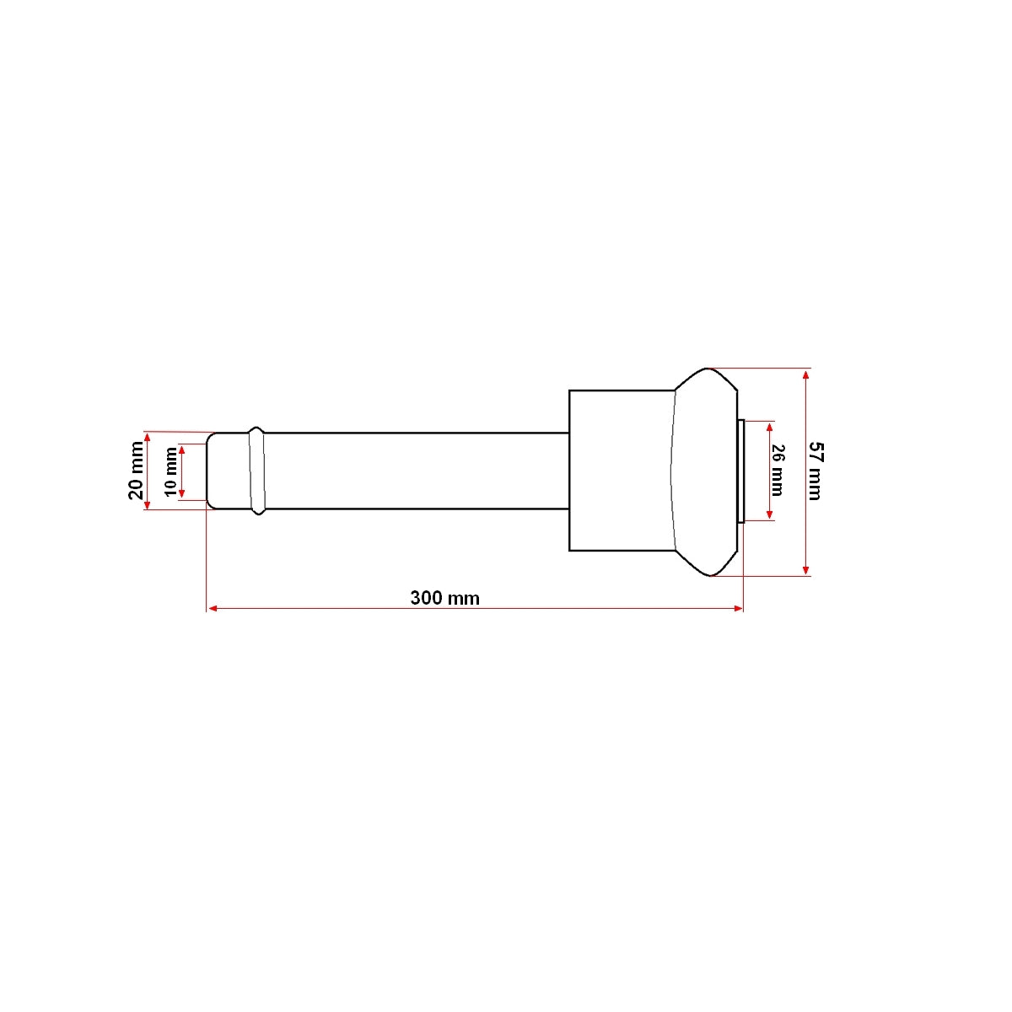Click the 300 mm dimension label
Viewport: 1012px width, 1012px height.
click(x=444, y=598)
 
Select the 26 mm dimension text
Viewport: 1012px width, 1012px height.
click(x=778, y=471)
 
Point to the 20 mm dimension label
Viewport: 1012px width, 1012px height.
click(x=136, y=471)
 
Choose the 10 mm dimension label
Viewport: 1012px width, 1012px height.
click(x=171, y=471)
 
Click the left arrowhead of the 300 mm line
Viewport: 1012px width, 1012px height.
click(x=212, y=607)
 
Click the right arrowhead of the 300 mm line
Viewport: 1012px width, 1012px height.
click(x=739, y=607)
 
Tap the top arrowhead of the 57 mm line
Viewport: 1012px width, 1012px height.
click(x=807, y=374)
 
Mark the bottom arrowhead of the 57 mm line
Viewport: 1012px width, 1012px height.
click(x=807, y=570)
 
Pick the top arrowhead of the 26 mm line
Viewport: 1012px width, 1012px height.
click(x=769, y=425)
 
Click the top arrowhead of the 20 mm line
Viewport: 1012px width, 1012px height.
click(x=148, y=436)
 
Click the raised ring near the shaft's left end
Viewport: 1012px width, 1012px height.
click(x=257, y=471)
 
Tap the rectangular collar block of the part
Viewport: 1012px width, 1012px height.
click(x=622, y=471)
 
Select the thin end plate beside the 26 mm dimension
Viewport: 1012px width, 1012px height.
click(x=740, y=471)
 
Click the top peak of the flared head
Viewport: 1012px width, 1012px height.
click(x=708, y=369)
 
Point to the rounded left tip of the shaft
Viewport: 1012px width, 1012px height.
click(x=211, y=471)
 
